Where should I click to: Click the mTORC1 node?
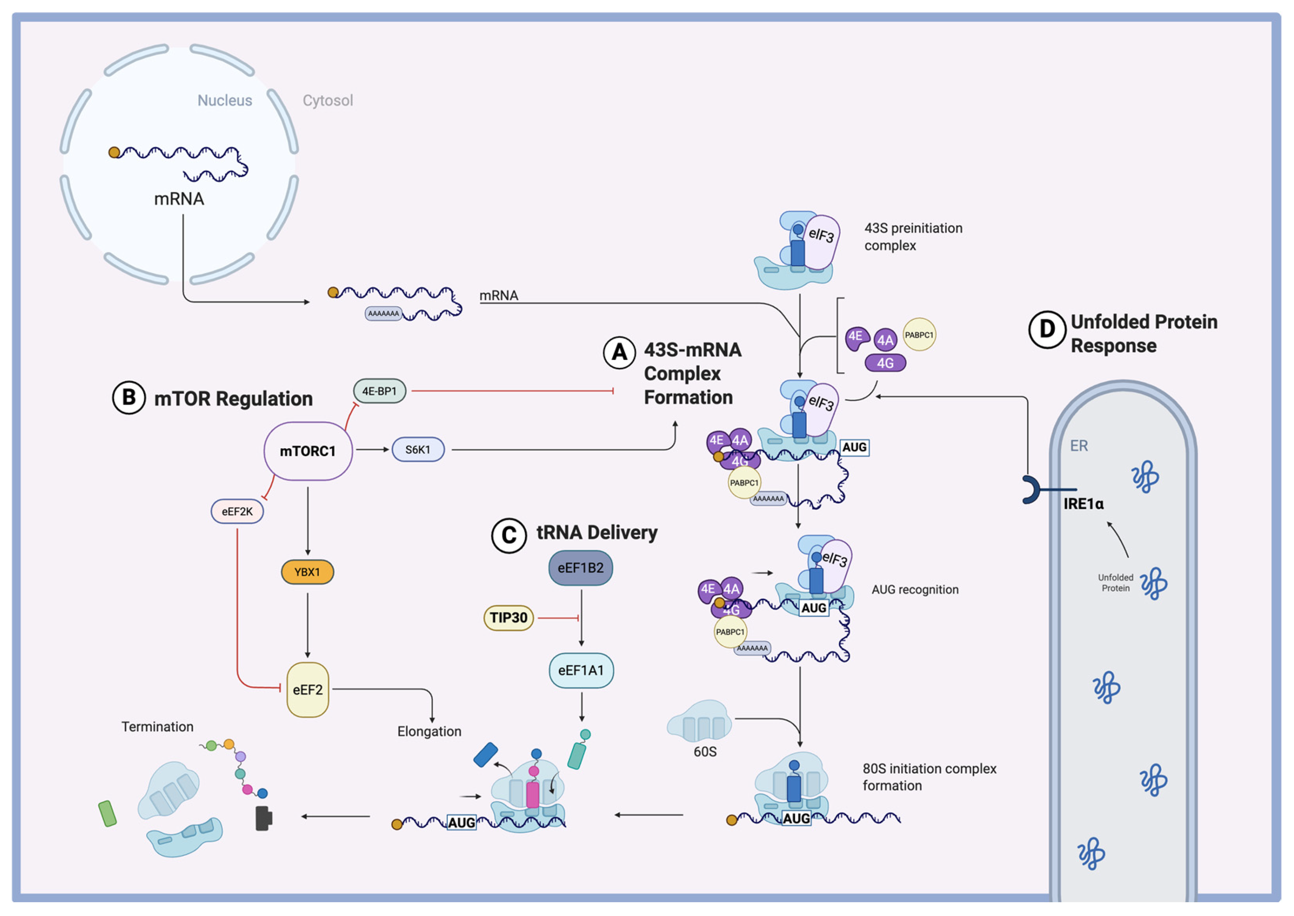tap(308, 451)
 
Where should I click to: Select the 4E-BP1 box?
tap(379, 391)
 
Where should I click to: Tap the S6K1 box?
tap(418, 449)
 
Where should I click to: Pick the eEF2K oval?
tap(237, 512)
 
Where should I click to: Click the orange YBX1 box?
tap(307, 572)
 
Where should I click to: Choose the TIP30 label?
tap(509, 618)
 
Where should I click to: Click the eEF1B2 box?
tap(581, 568)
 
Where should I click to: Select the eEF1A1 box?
tap(581, 671)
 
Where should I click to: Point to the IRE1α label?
tap(1083, 504)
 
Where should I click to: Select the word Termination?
tap(157, 727)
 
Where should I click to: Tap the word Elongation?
tap(429, 731)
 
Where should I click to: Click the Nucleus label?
tap(224, 100)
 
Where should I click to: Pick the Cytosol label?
tap(327, 100)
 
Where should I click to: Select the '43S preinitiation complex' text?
tap(913, 236)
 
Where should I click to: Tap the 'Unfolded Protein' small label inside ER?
tap(1115, 582)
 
